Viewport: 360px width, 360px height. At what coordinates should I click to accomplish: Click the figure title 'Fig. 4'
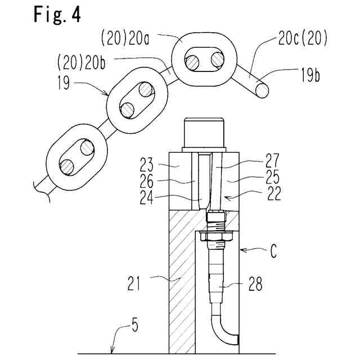[x=57, y=15]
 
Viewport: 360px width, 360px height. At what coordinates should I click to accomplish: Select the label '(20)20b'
[x=82, y=62]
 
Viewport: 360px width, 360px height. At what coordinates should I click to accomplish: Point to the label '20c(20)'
[x=303, y=38]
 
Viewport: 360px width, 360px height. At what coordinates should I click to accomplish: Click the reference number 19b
[x=310, y=75]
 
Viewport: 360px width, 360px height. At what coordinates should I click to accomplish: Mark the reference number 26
[x=146, y=181]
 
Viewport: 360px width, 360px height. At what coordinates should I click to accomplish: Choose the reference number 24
[x=146, y=197]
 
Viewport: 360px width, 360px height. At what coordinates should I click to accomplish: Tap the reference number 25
[x=272, y=177]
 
